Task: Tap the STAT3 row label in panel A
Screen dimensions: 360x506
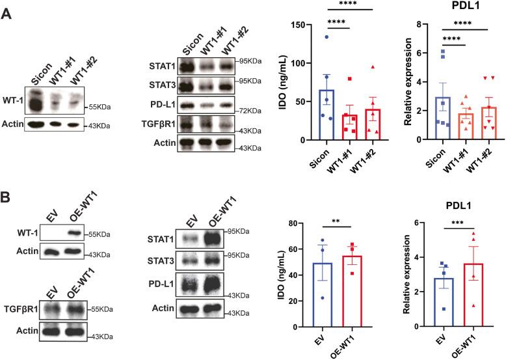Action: [161, 84]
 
